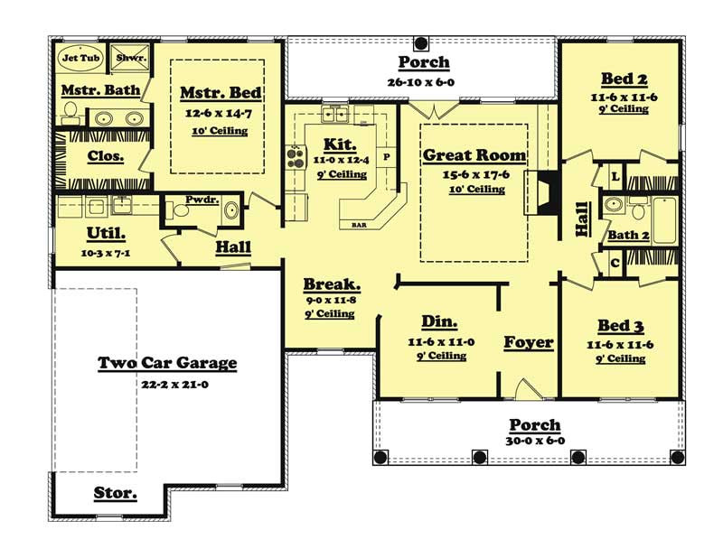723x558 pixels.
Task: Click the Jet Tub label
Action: tap(78, 57)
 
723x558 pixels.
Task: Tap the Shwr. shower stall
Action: tap(127, 57)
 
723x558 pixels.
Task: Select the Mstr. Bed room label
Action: tap(221, 93)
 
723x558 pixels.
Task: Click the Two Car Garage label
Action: tap(167, 363)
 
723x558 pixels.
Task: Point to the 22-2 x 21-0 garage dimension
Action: tap(167, 383)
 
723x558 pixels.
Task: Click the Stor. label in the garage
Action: tap(116, 493)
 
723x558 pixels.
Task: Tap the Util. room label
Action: tap(80, 233)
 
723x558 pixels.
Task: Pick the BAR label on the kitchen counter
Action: tap(358, 223)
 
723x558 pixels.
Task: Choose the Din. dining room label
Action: tap(440, 322)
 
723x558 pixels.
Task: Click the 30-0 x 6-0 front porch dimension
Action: tap(535, 442)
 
